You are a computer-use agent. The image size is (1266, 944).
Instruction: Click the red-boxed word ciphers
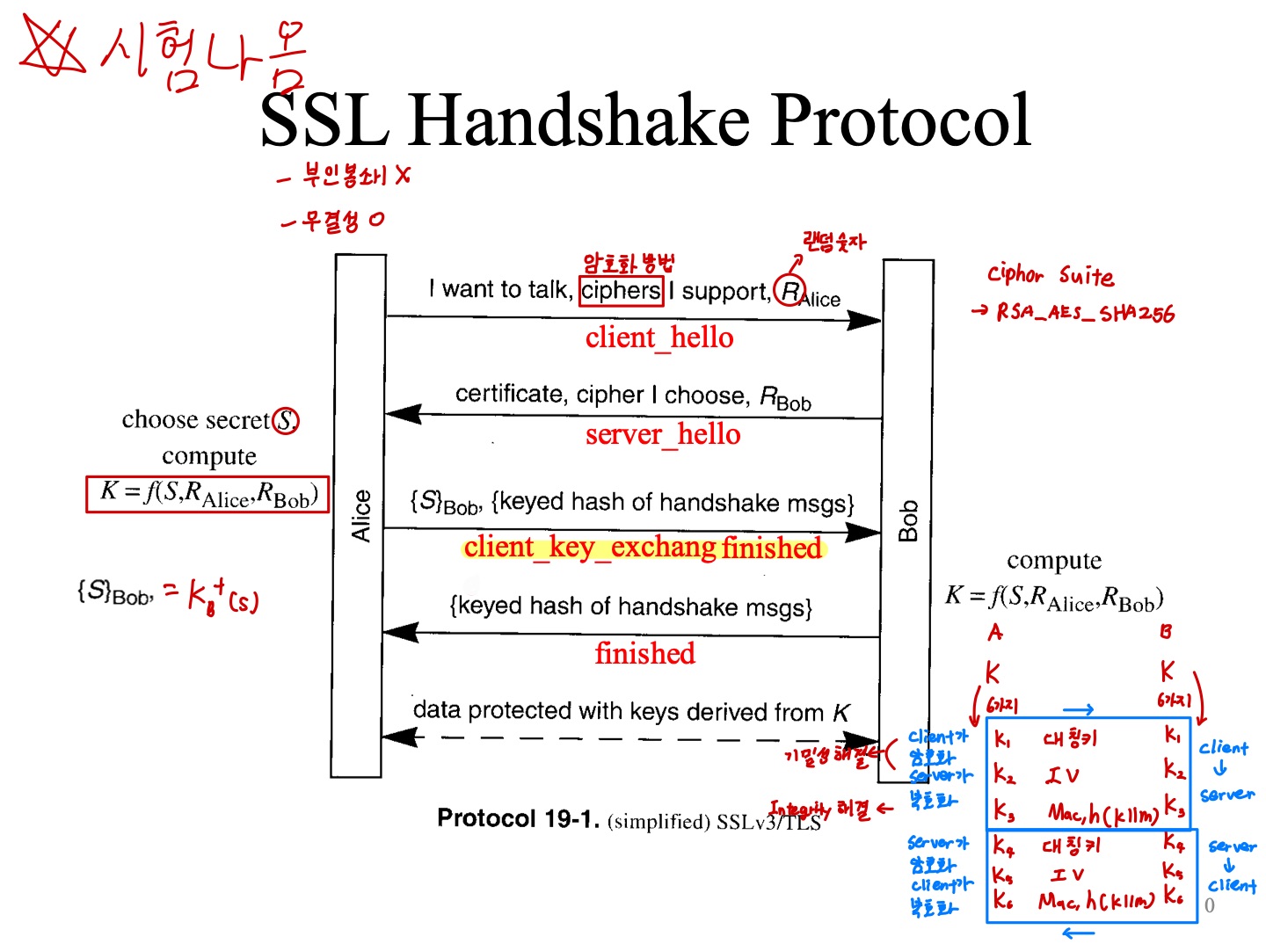621,290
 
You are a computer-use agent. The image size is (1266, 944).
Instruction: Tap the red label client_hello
659,338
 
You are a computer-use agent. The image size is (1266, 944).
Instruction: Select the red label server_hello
663,434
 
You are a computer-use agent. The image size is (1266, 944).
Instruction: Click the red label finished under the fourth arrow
644,654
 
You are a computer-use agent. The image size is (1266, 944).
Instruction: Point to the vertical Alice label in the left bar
360,516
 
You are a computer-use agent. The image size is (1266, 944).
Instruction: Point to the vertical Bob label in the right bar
908,520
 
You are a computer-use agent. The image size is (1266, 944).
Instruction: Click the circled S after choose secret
286,421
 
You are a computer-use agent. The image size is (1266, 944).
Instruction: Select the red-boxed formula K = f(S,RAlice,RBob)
208,493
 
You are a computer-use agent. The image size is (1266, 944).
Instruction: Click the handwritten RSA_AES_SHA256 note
1085,313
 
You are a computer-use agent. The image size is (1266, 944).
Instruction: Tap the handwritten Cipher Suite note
1051,275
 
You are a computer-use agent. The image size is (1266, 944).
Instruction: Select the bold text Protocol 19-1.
518,818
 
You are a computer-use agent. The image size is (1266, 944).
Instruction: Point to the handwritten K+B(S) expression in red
222,596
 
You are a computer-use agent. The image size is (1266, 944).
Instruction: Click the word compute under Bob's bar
1053,560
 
